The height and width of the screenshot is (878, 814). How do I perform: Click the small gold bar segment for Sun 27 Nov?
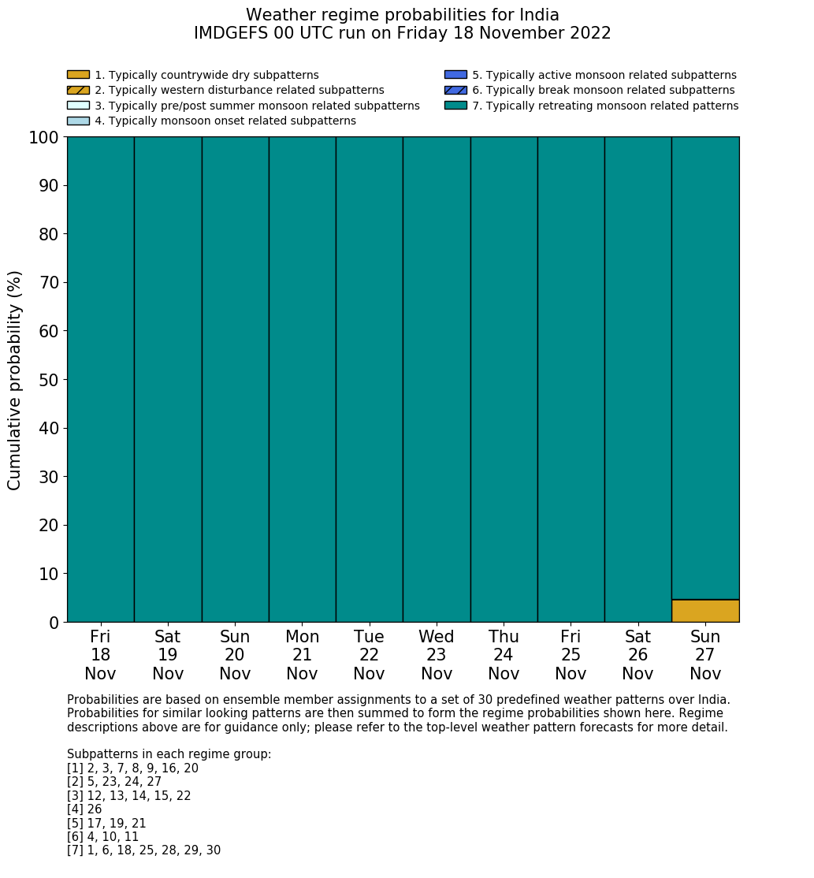[x=705, y=611]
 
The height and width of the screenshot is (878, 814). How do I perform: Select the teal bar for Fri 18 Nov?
[x=100, y=378]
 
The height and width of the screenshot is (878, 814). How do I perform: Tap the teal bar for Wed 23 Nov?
[x=437, y=378]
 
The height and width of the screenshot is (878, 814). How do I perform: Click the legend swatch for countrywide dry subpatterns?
[x=78, y=75]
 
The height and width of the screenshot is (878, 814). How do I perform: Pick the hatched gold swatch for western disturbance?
[x=78, y=90]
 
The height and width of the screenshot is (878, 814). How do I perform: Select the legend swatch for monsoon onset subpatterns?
[x=78, y=121]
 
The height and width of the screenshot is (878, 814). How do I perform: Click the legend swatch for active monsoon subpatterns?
[x=455, y=75]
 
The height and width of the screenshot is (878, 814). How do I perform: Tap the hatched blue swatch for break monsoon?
[x=455, y=90]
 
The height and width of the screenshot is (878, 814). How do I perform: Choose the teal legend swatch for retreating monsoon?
[x=455, y=106]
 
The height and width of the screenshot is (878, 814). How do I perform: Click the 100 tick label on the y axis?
[x=44, y=138]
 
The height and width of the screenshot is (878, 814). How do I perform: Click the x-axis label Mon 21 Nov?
[x=302, y=655]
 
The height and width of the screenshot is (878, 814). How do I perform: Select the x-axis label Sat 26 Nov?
[x=637, y=655]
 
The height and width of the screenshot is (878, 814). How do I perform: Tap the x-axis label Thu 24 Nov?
[x=504, y=655]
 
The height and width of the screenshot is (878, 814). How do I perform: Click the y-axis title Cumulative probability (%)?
[x=15, y=380]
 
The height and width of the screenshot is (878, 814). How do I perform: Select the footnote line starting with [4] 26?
[x=84, y=809]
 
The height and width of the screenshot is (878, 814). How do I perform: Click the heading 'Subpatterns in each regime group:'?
[x=169, y=754]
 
